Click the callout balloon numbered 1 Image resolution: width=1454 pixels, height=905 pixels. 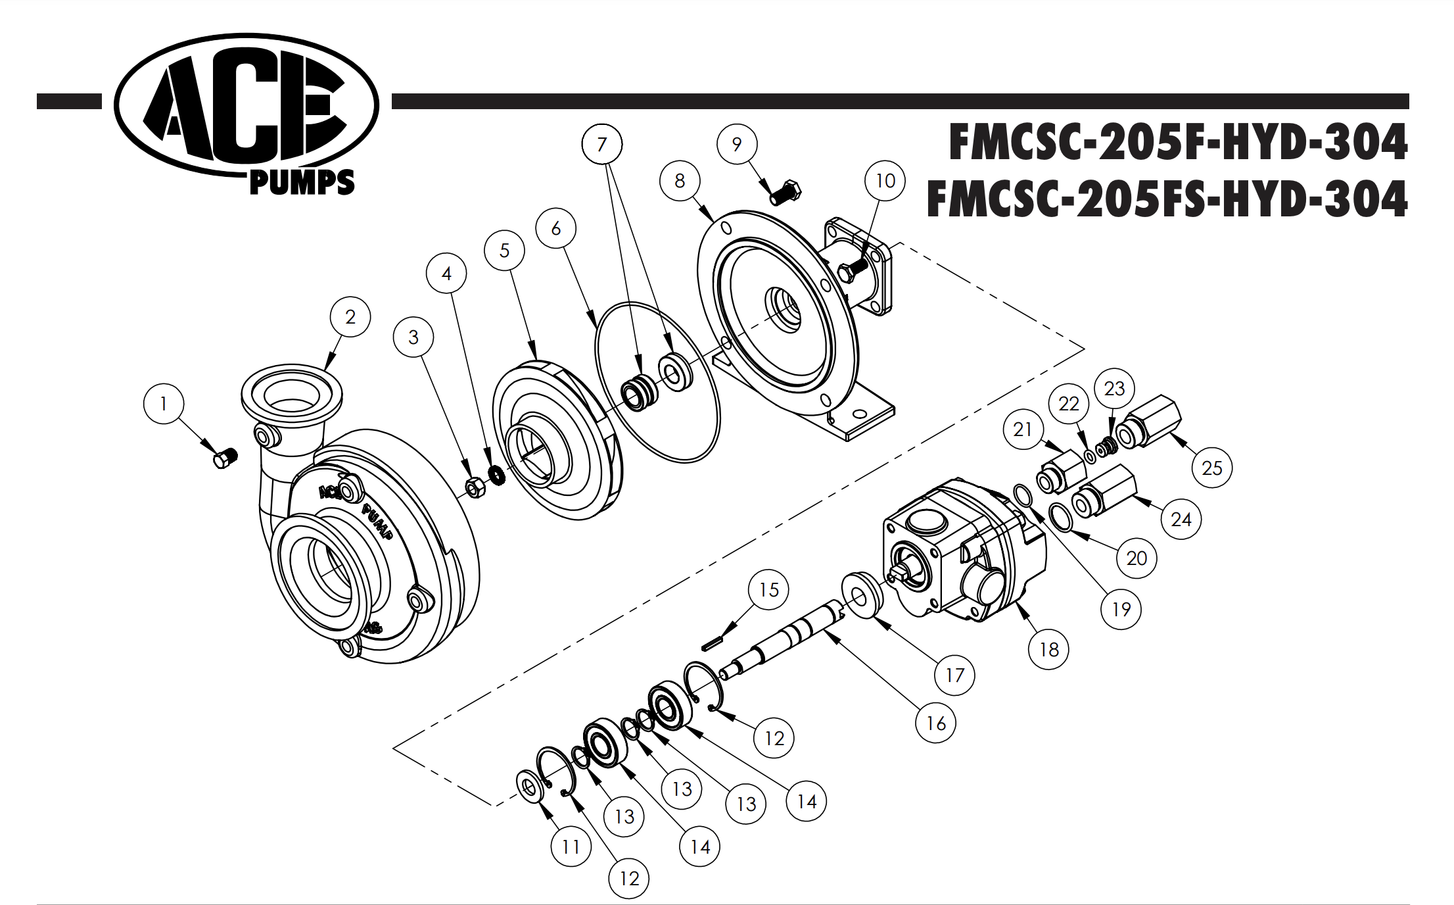(x=163, y=403)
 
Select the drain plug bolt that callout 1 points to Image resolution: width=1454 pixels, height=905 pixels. (x=225, y=458)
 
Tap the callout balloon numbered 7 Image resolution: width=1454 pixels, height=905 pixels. (x=601, y=145)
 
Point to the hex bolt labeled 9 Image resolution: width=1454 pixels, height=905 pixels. (x=785, y=192)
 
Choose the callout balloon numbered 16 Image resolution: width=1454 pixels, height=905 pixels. (x=935, y=723)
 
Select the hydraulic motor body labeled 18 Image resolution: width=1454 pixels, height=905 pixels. (x=960, y=552)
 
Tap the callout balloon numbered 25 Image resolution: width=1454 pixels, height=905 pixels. (x=1211, y=468)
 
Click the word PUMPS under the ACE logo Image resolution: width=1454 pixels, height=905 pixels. (x=302, y=183)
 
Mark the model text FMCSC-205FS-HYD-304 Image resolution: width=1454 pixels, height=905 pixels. (x=1167, y=199)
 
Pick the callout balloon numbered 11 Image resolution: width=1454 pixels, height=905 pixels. (x=571, y=846)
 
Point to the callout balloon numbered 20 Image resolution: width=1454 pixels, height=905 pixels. (x=1136, y=558)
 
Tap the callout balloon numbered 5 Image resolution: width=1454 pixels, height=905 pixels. (x=504, y=250)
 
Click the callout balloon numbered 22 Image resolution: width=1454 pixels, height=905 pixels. (x=1068, y=403)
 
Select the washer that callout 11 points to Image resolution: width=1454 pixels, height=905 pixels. (x=530, y=786)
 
